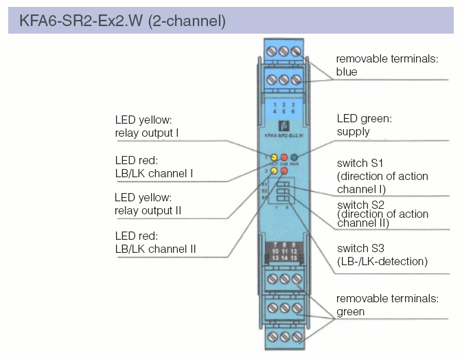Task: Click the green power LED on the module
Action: point(293,157)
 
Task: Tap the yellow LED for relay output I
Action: point(274,157)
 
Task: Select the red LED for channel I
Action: point(284,157)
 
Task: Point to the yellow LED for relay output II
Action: point(274,170)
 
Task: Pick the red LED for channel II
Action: point(284,170)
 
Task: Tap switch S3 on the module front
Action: point(283,199)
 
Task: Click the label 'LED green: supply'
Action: point(364,124)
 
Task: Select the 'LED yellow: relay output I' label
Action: point(147,126)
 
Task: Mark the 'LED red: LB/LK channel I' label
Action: point(154,167)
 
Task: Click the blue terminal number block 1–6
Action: point(283,106)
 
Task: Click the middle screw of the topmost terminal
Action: point(283,52)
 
